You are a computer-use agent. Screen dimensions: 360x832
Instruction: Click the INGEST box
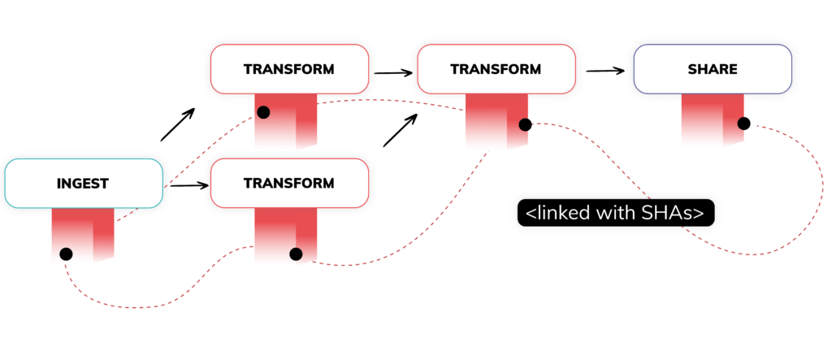[82, 184]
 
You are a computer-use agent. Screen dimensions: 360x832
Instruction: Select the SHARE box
[712, 69]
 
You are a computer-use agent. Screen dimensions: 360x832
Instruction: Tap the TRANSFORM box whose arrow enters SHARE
[496, 69]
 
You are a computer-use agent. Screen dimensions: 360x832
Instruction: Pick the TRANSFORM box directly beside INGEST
[288, 184]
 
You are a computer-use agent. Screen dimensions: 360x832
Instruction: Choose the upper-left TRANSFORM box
[288, 69]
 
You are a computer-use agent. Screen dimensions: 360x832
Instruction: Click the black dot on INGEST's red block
[66, 254]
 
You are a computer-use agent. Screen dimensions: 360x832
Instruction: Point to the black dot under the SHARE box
[742, 124]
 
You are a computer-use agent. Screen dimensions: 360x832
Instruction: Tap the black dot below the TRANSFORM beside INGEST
[296, 254]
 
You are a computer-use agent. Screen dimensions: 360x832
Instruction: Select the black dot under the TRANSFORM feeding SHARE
[524, 125]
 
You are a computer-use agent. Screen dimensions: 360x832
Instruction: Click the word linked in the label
[568, 213]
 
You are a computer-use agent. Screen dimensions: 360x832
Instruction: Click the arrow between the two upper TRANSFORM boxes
[392, 72]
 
